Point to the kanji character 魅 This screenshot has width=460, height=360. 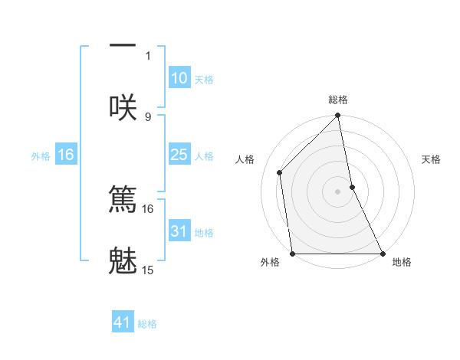click(123, 260)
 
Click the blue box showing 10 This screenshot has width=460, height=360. click(179, 78)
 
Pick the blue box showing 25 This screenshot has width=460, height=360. click(179, 155)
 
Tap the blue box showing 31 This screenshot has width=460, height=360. click(179, 231)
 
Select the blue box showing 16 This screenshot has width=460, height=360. click(66, 155)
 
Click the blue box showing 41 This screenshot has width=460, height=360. click(123, 322)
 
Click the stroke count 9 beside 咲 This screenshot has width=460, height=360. click(148, 116)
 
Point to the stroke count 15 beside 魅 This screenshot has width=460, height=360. click(148, 270)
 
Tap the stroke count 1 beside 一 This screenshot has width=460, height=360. click(148, 55)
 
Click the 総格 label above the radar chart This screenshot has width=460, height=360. click(338, 100)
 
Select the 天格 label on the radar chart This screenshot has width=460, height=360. click(432, 159)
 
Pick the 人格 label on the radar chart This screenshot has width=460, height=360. click(245, 159)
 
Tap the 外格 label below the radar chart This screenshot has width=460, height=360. click(270, 262)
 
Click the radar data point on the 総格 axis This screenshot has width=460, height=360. click(338, 116)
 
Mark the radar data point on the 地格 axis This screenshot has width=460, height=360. click(383, 254)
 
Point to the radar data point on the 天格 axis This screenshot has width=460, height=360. click(352, 187)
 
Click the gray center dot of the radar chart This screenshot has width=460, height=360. click(338, 191)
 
